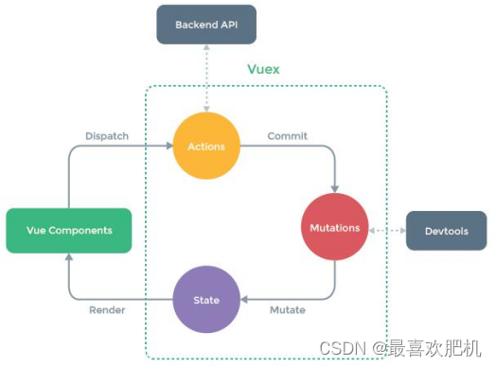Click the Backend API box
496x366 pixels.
(207, 24)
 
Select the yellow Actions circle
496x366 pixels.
(206, 148)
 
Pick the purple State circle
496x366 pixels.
(206, 299)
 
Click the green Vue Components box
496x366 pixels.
(68, 230)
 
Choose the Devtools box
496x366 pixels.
(446, 231)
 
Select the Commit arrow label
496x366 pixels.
(288, 135)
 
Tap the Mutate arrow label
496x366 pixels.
(288, 309)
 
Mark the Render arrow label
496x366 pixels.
(107, 309)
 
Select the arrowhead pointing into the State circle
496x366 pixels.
(244, 299)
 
